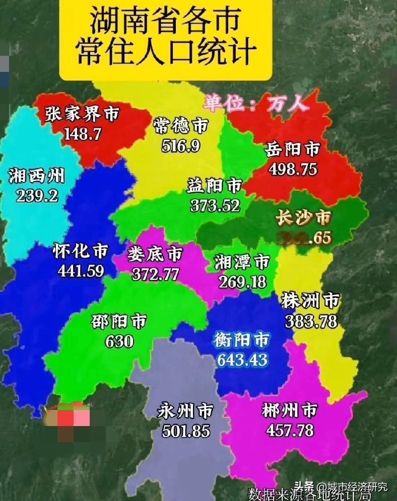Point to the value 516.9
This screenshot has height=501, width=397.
pos(181,146)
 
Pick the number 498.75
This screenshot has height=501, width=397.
pos(293,169)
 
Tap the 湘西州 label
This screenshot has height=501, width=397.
pos(36,176)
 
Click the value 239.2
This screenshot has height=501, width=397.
pos(37,196)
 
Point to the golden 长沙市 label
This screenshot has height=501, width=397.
pos(303,218)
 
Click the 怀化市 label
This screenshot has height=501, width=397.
pos(80,251)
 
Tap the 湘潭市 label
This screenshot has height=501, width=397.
pos(242,262)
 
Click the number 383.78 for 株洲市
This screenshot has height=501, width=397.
pos(311,321)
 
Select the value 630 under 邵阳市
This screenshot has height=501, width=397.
pos(119,341)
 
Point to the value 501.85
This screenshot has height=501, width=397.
pos(186,431)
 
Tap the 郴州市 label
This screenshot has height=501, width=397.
pos(289,411)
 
